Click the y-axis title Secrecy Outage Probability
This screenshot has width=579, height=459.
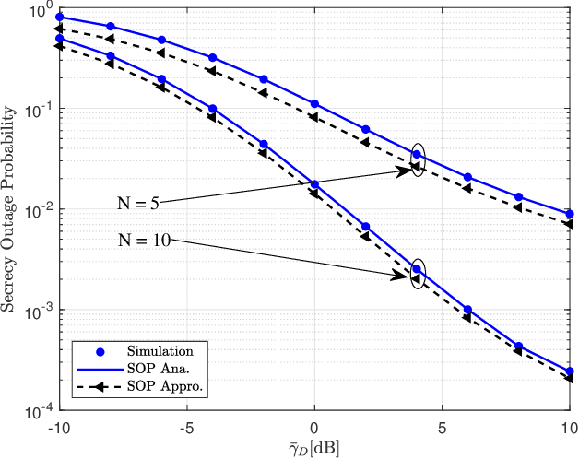10,208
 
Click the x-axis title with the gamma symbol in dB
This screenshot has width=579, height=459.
314,445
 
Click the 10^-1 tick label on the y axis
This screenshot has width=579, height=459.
40,110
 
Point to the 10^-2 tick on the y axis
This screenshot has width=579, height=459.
40,210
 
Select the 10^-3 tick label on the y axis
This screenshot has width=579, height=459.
40,311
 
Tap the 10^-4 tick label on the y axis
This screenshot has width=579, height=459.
40,410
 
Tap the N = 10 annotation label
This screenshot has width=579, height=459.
144,242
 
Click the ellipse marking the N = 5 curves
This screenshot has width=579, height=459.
418,160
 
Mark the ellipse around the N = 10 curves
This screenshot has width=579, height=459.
418,274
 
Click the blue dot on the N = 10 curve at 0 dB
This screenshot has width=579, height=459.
314,185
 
